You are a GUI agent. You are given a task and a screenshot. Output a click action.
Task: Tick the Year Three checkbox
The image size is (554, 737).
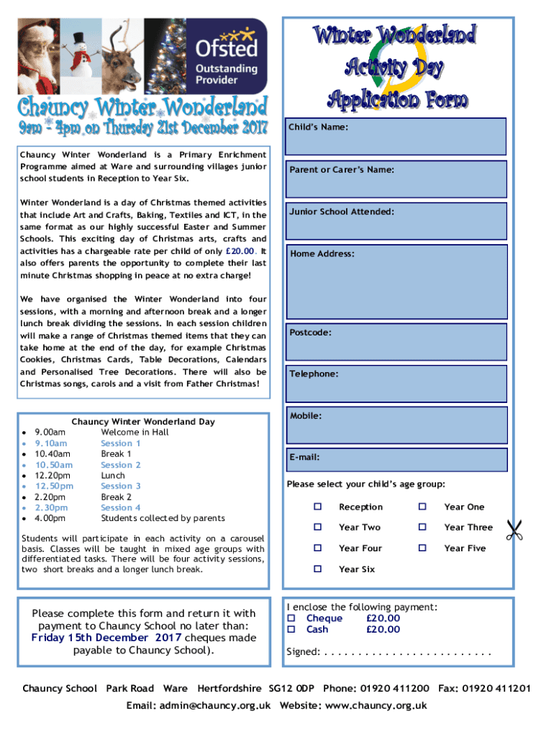click(x=423, y=528)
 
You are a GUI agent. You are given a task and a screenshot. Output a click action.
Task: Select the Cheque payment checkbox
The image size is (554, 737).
click(x=291, y=618)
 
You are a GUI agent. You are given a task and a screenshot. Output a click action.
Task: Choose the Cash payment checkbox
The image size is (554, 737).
click(x=291, y=630)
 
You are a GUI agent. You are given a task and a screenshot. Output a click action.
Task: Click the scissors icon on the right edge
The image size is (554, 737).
click(x=514, y=530)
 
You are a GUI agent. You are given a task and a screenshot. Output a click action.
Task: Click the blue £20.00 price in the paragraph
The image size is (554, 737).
click(x=239, y=251)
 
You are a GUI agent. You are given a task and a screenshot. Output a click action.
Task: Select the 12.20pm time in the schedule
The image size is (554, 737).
click(x=53, y=476)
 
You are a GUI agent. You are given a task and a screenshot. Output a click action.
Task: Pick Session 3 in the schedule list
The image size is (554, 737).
click(x=121, y=486)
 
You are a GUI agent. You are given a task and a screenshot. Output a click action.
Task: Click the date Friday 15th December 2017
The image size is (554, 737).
click(x=106, y=638)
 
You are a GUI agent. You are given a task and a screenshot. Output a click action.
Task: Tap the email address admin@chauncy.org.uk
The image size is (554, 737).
click(x=198, y=705)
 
